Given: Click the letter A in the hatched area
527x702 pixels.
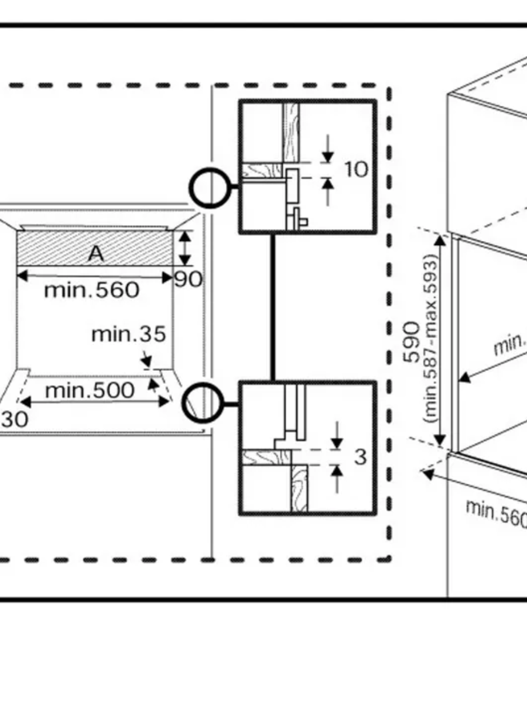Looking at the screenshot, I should pyautogui.click(x=96, y=253).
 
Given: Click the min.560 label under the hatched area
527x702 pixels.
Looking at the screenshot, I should pyautogui.click(x=92, y=289).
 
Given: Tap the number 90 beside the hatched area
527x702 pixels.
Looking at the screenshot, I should pyautogui.click(x=188, y=280).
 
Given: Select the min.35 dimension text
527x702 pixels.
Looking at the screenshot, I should pyautogui.click(x=129, y=335).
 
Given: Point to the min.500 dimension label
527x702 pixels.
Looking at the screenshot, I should pyautogui.click(x=90, y=390).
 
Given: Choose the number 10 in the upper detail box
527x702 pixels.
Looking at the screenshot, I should pyautogui.click(x=356, y=169).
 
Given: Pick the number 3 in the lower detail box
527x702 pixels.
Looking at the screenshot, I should pyautogui.click(x=360, y=456).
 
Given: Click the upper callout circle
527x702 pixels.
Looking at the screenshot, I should pyautogui.click(x=209, y=188).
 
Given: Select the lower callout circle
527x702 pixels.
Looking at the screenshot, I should pyautogui.click(x=203, y=403).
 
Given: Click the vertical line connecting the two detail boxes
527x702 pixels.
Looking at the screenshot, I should pyautogui.click(x=272, y=307).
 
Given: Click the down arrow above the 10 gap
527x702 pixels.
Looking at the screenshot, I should pyautogui.click(x=327, y=149).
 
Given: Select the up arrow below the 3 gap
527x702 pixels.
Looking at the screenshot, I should pyautogui.click(x=336, y=477).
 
